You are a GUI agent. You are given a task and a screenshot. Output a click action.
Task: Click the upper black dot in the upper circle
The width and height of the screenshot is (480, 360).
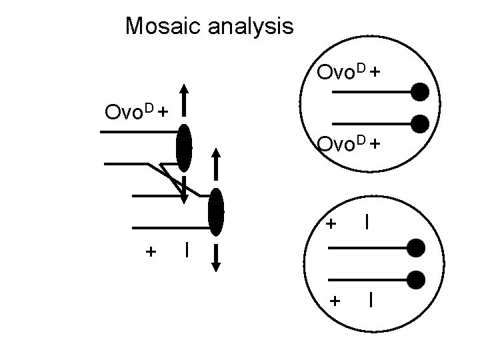pos(419,93)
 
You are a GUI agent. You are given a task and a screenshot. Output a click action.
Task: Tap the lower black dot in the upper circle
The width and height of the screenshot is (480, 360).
pos(419,123)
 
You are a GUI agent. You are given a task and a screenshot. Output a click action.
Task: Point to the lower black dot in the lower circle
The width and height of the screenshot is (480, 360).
pos(415,279)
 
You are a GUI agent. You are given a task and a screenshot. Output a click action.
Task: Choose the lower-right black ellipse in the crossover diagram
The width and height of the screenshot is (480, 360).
pos(215,212)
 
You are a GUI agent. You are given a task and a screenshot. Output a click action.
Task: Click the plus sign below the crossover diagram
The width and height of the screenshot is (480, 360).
pos(151,251)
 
